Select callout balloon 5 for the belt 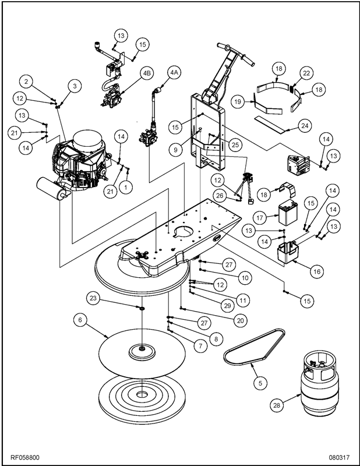[x=259, y=383]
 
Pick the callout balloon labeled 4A [x=174, y=72]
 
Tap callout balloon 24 [x=303, y=125]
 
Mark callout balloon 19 [x=238, y=101]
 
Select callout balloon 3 [x=75, y=86]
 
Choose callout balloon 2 [x=28, y=80]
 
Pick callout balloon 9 [x=174, y=149]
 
